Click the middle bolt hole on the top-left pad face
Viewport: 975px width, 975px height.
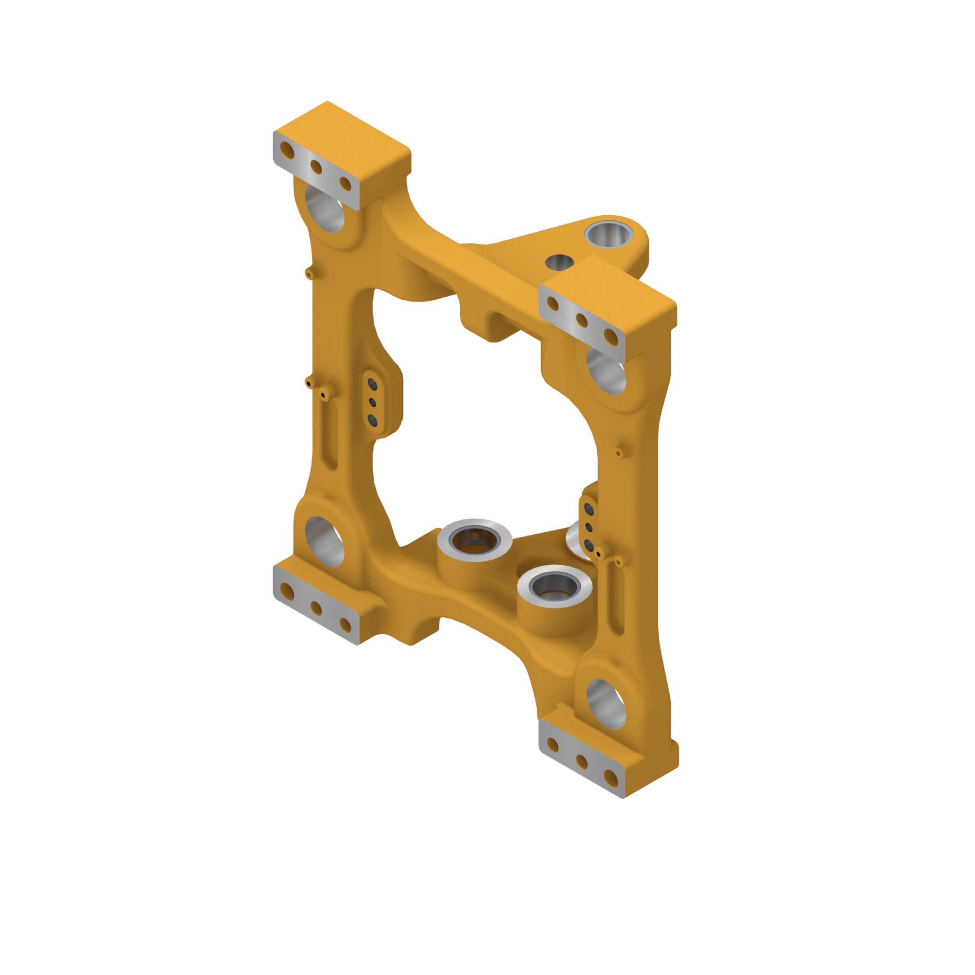(316, 167)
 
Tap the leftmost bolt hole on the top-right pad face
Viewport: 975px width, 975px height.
(553, 303)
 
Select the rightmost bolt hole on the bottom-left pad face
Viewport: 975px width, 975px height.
(345, 625)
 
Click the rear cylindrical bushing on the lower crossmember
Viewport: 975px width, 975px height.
(474, 540)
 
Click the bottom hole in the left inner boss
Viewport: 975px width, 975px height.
(372, 420)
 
